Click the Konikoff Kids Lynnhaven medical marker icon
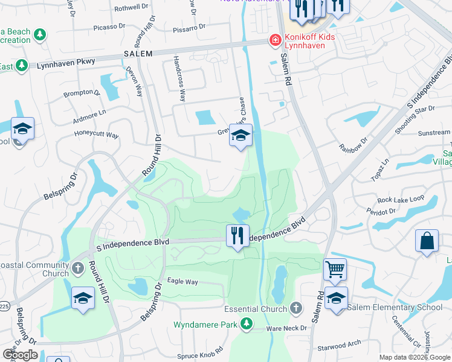click(x=275, y=40)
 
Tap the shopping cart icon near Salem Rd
click(x=335, y=269)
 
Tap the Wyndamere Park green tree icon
click(x=246, y=325)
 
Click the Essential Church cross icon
click(x=295, y=308)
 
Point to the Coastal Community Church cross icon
click(x=78, y=267)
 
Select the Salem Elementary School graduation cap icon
click(x=336, y=298)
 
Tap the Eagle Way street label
click(x=182, y=282)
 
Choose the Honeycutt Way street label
click(x=96, y=135)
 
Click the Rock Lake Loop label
click(x=401, y=200)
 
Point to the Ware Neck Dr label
click(x=288, y=329)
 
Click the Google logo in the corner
click(x=20, y=355)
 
